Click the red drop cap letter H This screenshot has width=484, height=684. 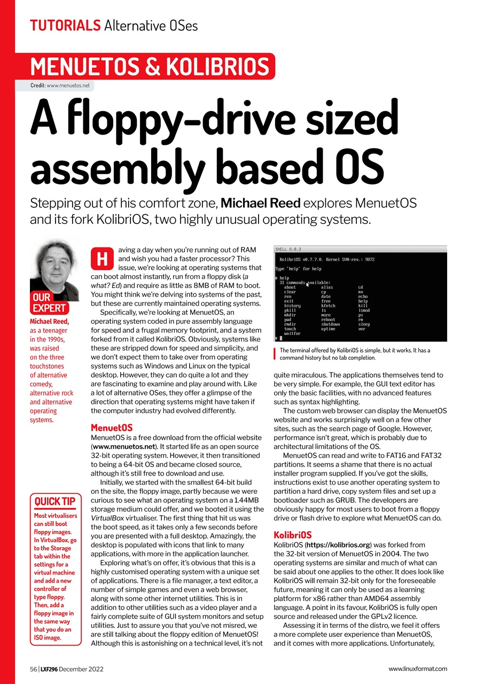(102, 259)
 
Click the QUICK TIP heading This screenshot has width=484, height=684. (55, 501)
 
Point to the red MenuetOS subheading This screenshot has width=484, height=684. (112, 428)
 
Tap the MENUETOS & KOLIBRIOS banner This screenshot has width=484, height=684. (150, 66)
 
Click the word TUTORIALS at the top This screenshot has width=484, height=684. (65, 25)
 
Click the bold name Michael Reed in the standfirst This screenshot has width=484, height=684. (260, 204)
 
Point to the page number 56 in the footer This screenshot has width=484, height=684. (34, 669)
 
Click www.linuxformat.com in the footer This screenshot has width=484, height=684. (418, 669)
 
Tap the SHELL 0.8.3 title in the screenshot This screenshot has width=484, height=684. (288, 249)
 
